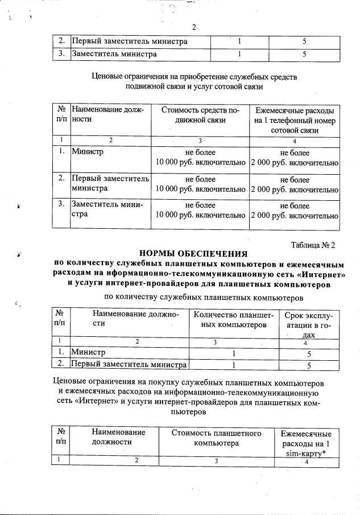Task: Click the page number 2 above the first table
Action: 193,27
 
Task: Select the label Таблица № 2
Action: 313,245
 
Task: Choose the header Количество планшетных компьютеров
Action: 234,320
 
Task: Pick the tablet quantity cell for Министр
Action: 234,353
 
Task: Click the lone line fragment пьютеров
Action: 188,410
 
